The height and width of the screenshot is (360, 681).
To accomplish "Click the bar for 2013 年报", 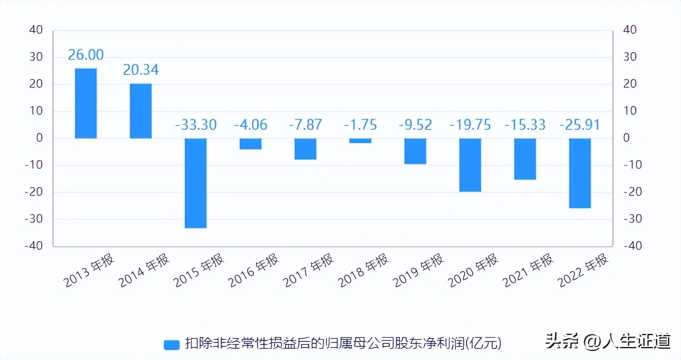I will click(85, 103).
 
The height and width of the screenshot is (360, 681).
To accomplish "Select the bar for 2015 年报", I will click(195, 183).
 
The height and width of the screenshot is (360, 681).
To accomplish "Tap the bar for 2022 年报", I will click(580, 173).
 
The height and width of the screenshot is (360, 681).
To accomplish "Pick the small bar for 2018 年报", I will click(360, 140).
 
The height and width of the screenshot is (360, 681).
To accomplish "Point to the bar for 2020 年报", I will click(470, 165).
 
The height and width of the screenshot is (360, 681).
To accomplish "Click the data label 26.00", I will click(85, 55).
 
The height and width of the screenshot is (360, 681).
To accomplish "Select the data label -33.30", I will click(195, 124).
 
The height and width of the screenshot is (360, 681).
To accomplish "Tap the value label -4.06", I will click(250, 124).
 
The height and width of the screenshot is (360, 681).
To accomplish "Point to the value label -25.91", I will click(580, 124).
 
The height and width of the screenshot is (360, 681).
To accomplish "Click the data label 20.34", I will click(140, 70).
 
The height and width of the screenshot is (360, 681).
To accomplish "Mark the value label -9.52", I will click(415, 124).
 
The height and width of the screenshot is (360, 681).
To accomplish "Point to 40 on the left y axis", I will click(36, 30).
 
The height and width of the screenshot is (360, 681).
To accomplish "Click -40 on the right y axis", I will click(629, 246).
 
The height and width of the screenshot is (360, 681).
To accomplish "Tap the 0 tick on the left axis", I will click(39, 138).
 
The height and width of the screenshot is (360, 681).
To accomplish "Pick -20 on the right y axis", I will click(629, 192).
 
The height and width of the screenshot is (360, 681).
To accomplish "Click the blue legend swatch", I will click(171, 344).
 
